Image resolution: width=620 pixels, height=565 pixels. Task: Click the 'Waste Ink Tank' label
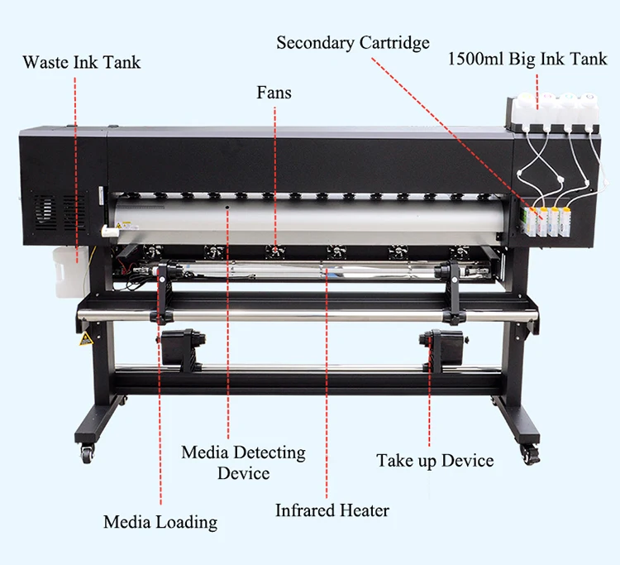pos(82,62)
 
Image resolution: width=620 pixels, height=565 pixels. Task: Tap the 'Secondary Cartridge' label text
pos(353,42)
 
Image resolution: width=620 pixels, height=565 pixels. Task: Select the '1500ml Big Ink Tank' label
pos(527,60)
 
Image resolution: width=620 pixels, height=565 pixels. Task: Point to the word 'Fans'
pos(274,93)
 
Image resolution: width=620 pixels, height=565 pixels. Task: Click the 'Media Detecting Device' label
pos(243,462)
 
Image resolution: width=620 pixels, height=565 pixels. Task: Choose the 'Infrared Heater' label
pos(332,510)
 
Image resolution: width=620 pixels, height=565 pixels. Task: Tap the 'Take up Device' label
pos(435,461)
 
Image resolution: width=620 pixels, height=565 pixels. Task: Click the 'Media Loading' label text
pos(160,522)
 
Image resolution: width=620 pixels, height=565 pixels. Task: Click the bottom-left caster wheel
pos(87,452)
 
